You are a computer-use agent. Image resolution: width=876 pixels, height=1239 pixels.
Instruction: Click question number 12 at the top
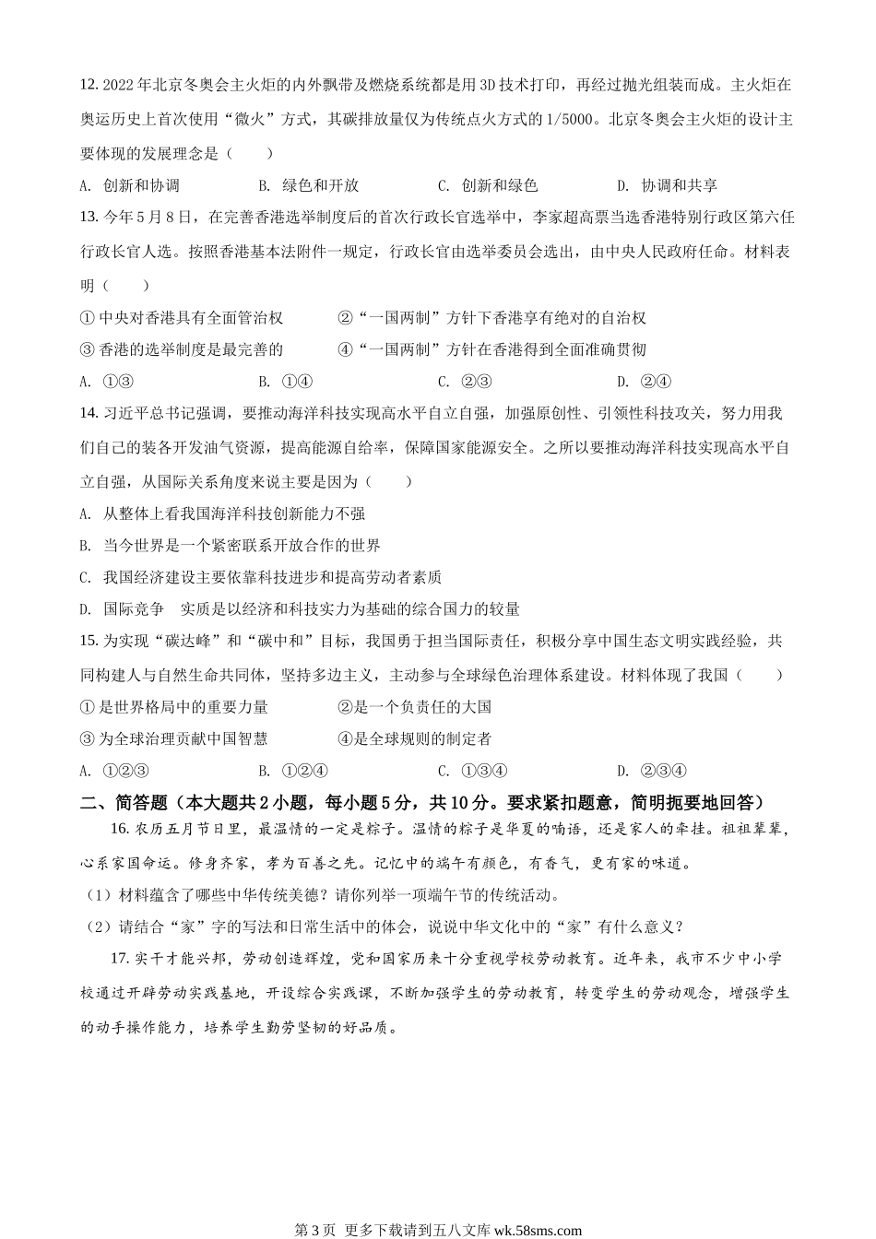tap(89, 86)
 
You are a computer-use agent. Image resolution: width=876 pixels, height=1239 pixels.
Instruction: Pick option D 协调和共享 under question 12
tap(668, 185)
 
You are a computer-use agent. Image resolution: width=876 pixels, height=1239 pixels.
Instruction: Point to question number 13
tap(89, 218)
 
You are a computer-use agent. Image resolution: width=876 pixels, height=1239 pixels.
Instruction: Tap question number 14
tap(89, 414)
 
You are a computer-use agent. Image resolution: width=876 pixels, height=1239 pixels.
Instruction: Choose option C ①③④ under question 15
tap(476, 771)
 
